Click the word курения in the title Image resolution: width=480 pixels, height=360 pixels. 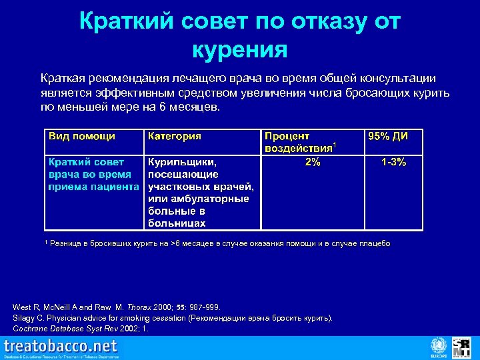coord(239,49)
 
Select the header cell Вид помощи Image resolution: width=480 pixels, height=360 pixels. coord(81,136)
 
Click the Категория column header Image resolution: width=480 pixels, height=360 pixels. coord(175,136)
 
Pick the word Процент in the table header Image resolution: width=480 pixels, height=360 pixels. coord(287,136)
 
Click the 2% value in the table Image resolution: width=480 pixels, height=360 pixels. coord(312,163)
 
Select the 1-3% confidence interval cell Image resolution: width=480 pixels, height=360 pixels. coord(393,162)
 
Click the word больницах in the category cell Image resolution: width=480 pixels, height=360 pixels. coord(177,223)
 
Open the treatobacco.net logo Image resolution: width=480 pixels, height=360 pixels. coord(61,347)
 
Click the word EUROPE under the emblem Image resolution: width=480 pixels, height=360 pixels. coord(439,355)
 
